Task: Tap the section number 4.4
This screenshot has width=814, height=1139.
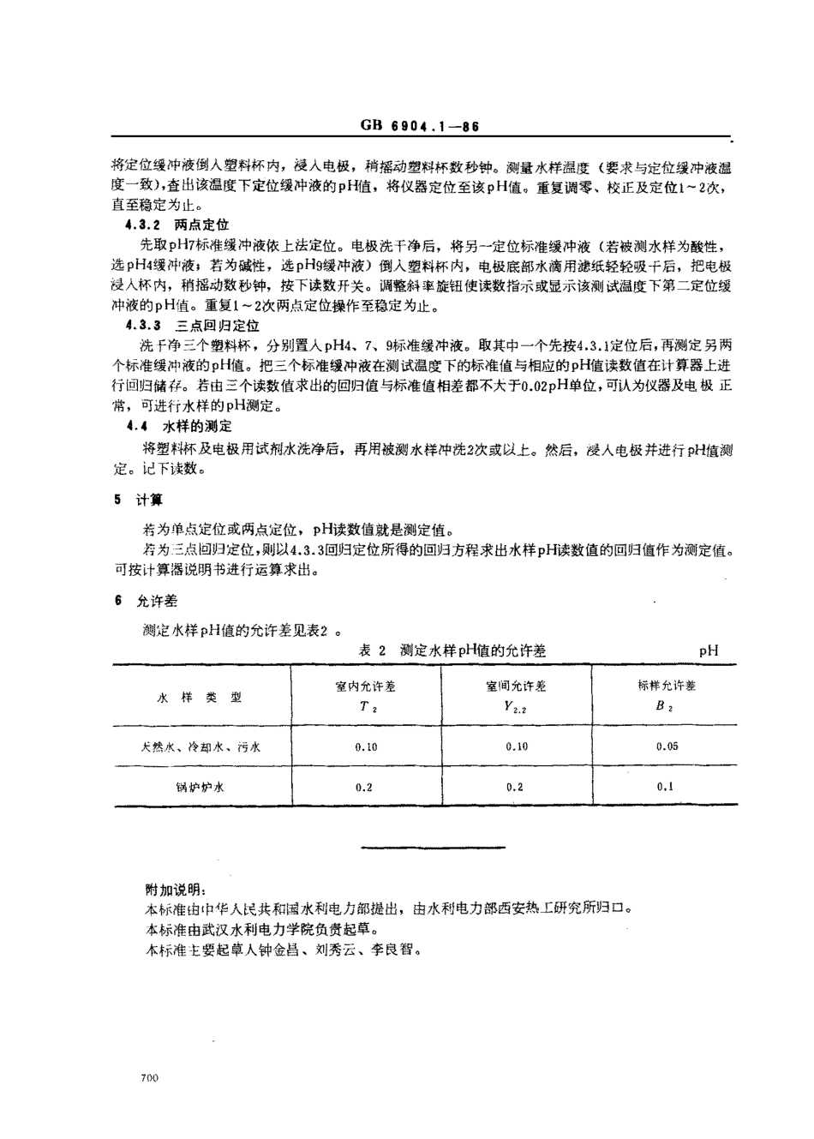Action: tap(136, 426)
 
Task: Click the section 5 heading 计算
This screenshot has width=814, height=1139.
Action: tap(150, 500)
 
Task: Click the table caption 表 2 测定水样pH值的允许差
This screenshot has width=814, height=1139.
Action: tap(452, 650)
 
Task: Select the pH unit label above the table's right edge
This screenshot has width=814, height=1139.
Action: tap(708, 650)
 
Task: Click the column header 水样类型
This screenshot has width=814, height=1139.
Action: tap(200, 698)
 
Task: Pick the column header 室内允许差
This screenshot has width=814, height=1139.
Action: tap(365, 686)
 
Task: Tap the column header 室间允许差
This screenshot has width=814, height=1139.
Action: tap(516, 686)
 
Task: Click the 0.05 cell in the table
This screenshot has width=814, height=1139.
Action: tap(667, 746)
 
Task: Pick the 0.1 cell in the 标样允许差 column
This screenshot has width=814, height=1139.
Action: tap(665, 787)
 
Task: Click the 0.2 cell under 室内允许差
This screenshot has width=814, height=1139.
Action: tap(364, 787)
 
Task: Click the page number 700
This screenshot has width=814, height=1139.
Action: tap(147, 1078)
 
